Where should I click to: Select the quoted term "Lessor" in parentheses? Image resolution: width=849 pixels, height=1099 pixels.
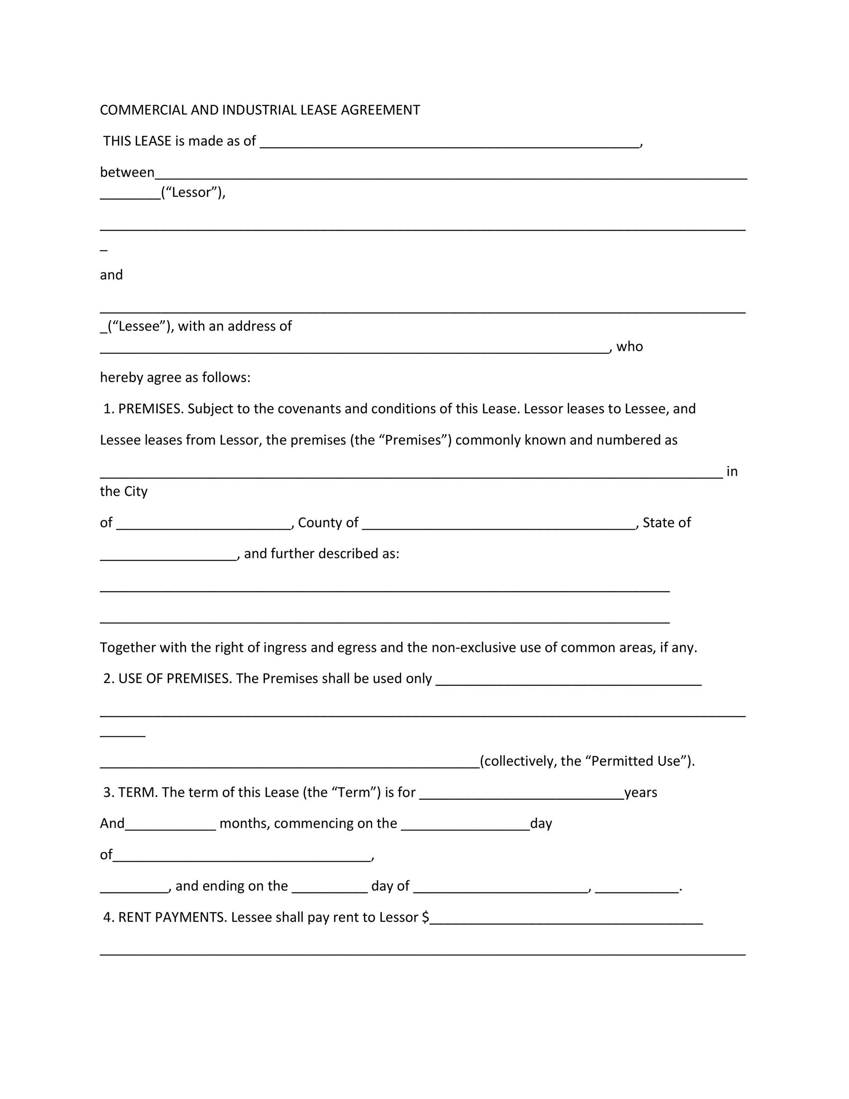(x=192, y=193)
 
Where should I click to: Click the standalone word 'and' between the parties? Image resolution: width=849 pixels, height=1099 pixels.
(x=111, y=275)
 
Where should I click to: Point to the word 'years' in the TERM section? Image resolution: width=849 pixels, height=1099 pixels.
(x=640, y=793)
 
